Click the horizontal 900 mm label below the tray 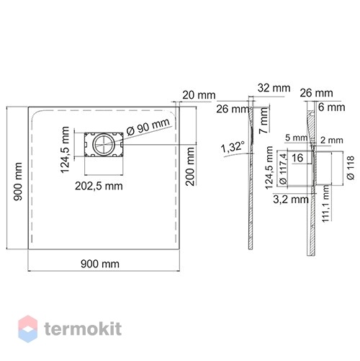coord(100,264)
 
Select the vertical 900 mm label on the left coord(18,182)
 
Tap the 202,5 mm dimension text coord(99,186)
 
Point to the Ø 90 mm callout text coord(148,127)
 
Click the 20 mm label coord(199,95)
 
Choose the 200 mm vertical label coord(190,166)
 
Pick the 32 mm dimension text coord(274,88)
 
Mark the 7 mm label coord(264,120)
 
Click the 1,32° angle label coord(233,147)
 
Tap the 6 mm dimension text coord(332,107)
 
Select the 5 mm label coord(296,138)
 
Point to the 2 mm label coord(332,141)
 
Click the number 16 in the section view coord(297,158)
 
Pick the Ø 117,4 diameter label coord(283,169)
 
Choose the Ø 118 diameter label coord(351,168)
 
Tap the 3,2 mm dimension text coord(291,200)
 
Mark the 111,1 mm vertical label coord(325,204)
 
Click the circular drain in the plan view coord(104,144)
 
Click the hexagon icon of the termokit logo coord(28,329)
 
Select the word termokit coord(83,329)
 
